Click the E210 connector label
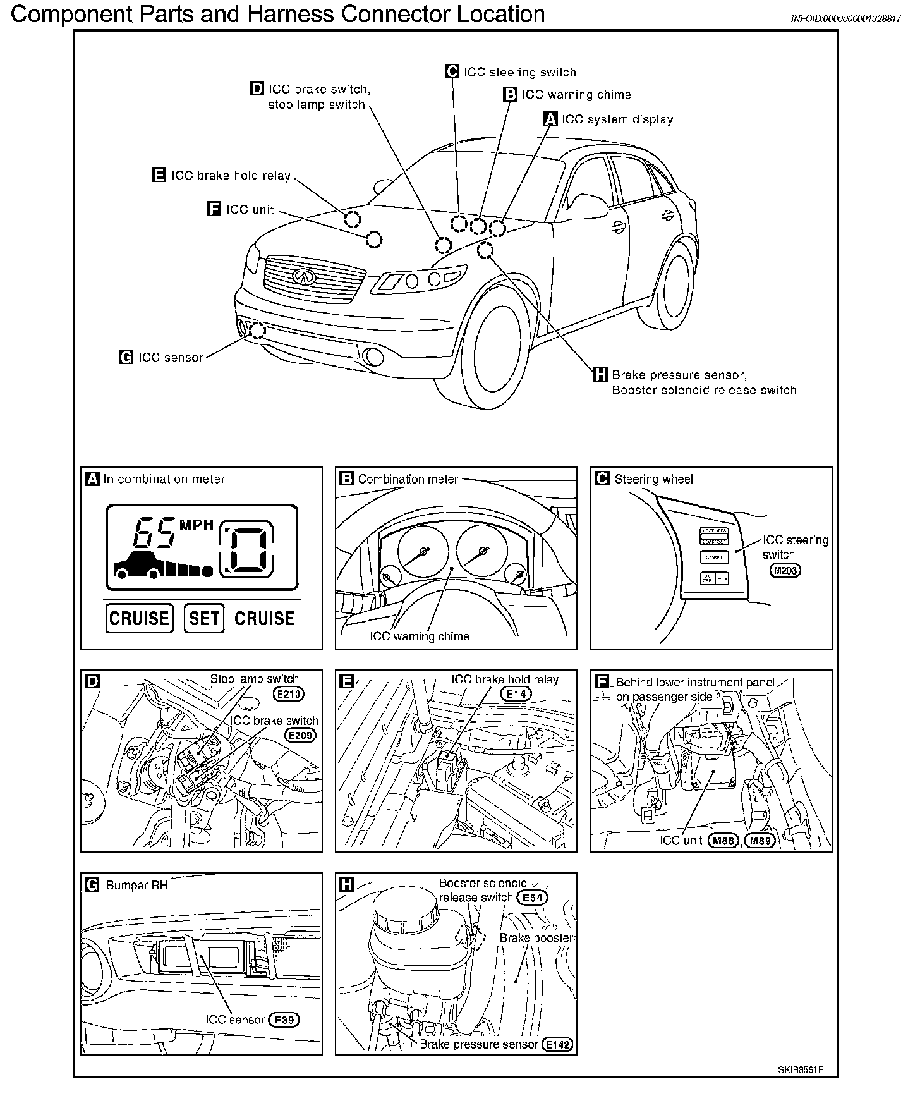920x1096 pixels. pos(289,694)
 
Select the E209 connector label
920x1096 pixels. pos(301,735)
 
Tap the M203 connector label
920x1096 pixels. pos(785,571)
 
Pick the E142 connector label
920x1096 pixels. pos(558,1045)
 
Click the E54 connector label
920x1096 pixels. pos(532,898)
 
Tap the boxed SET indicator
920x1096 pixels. pos(204,618)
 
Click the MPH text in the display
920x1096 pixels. pos(197,525)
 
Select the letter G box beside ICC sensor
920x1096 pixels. pos(126,357)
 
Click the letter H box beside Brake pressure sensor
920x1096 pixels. pos(600,375)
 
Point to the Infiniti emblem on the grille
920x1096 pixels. pos(304,276)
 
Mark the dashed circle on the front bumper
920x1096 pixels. pos(257,330)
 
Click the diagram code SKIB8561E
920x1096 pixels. pos(799,1070)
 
